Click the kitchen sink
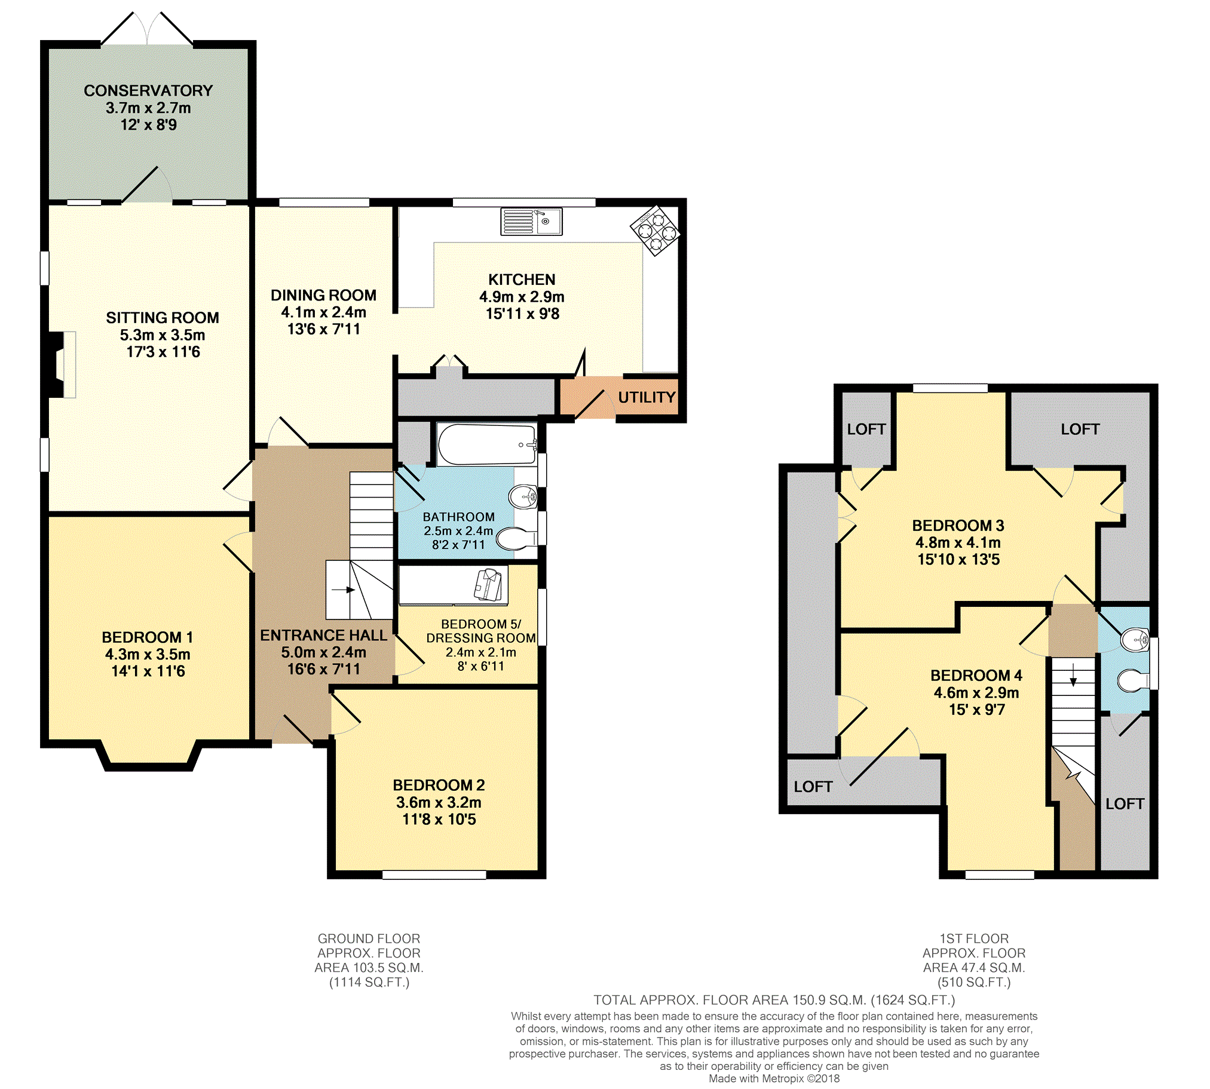coord(531,222)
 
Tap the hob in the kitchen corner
coord(655,231)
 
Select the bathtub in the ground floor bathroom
coord(486,444)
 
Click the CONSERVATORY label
coord(148,90)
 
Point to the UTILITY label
coord(647,397)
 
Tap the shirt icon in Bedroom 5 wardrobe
coord(489,585)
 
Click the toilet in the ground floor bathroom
coord(517,538)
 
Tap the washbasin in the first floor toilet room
coord(1135,640)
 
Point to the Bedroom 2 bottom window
coord(434,875)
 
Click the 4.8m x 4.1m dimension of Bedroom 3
coord(957,542)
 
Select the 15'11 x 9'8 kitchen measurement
coord(522,314)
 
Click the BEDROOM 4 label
coord(976,676)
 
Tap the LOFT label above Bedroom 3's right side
coord(1080,429)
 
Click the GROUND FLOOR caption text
coord(369,938)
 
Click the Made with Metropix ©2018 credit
coord(774,1079)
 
